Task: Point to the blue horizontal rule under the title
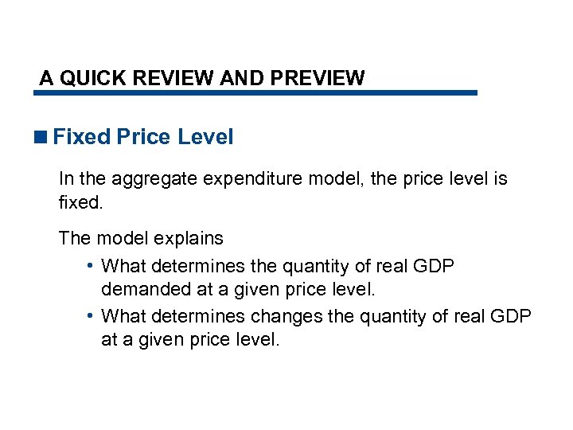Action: tap(255, 93)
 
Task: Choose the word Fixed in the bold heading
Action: tap(81, 137)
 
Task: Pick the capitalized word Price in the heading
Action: tap(143, 137)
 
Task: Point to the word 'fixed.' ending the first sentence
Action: tap(81, 202)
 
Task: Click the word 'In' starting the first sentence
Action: tap(66, 180)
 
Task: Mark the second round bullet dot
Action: tap(93, 317)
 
